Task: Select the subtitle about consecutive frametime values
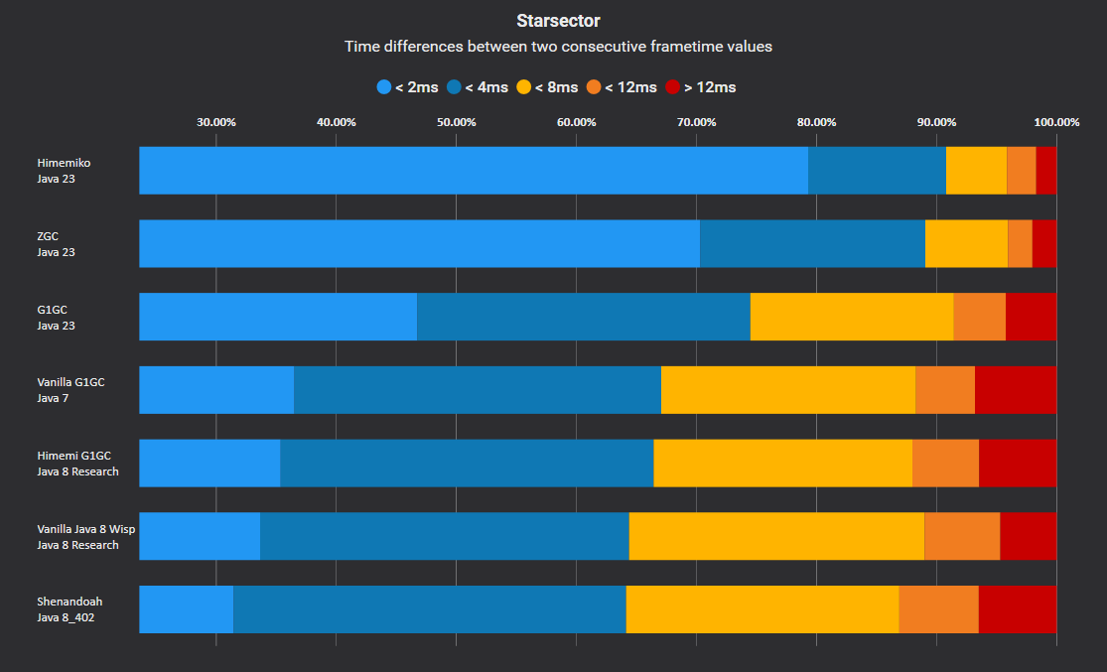coord(558,46)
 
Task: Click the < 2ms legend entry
coord(408,87)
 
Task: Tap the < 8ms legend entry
coord(547,87)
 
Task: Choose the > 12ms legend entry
coord(701,87)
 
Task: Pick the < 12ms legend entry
coord(622,87)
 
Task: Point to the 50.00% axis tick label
coord(456,122)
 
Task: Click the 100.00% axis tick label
coord(1056,122)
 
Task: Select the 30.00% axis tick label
coord(215,122)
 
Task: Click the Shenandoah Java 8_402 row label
coord(70,609)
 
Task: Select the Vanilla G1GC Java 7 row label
coord(70,390)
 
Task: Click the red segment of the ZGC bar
coord(1044,244)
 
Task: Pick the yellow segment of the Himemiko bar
coord(976,171)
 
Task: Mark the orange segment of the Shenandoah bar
coord(938,609)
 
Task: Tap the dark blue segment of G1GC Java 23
coord(583,317)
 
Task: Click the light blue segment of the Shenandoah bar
coord(186,609)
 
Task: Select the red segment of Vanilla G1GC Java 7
coord(1016,390)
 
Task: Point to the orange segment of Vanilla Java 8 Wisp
coord(962,536)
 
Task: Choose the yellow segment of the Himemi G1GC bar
coord(782,464)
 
